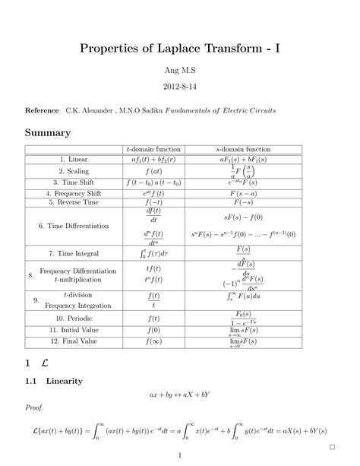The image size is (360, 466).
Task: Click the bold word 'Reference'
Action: pyautogui.click(x=43, y=111)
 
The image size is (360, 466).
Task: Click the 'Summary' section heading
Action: pyautogui.click(x=48, y=133)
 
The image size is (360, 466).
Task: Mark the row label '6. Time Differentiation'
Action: pyautogui.click(x=77, y=226)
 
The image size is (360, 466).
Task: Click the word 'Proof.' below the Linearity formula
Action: pyautogui.click(x=34, y=408)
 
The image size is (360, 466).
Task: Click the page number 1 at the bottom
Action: pyautogui.click(x=179, y=455)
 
